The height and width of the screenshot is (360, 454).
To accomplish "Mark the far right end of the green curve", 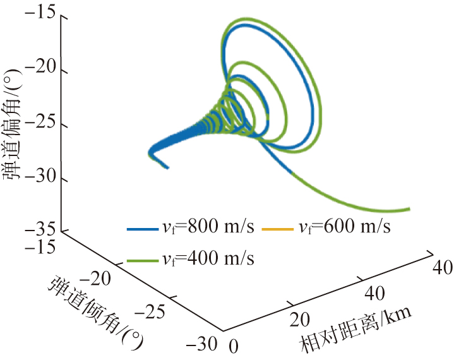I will [410, 209].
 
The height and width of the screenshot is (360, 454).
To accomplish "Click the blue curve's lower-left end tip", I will [167, 167].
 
